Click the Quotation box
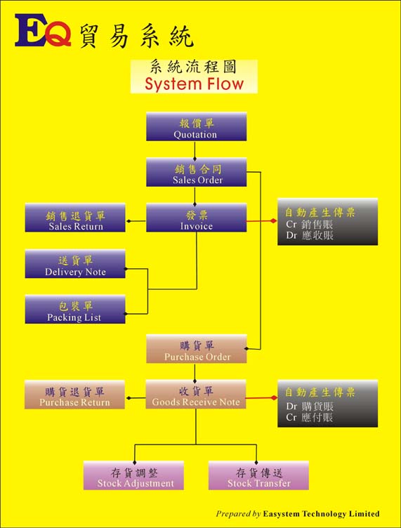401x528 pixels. [x=197, y=126]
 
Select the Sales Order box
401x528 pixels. [x=197, y=172]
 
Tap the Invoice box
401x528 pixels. [x=197, y=218]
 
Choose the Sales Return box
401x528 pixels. [x=75, y=218]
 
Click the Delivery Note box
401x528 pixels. [x=75, y=264]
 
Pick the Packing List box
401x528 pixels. [x=75, y=310]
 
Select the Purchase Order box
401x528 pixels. [x=197, y=349]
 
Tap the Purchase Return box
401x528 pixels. [x=74, y=395]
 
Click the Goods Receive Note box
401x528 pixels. [x=196, y=395]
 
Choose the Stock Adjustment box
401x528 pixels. [x=133, y=475]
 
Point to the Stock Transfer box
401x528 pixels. [x=258, y=475]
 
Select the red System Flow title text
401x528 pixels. [x=195, y=84]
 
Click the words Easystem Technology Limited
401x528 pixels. [x=321, y=514]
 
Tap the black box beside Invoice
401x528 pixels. [x=327, y=222]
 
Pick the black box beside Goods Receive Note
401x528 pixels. [x=327, y=404]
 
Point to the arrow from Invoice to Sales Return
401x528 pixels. [x=136, y=221]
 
